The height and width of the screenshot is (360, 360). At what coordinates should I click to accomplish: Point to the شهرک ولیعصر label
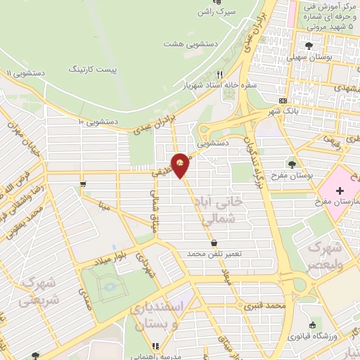pos(323,257)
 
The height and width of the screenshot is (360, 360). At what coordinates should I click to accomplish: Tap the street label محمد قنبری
pos(264,307)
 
